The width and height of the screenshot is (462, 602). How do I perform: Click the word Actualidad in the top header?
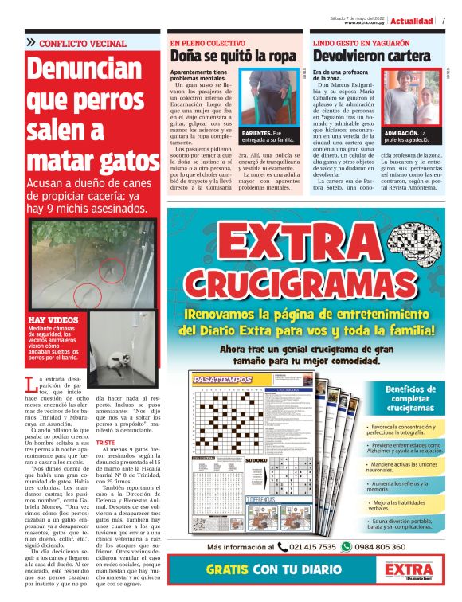(x=412, y=21)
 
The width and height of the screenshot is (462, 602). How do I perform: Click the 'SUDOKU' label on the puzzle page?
(x=256, y=460)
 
